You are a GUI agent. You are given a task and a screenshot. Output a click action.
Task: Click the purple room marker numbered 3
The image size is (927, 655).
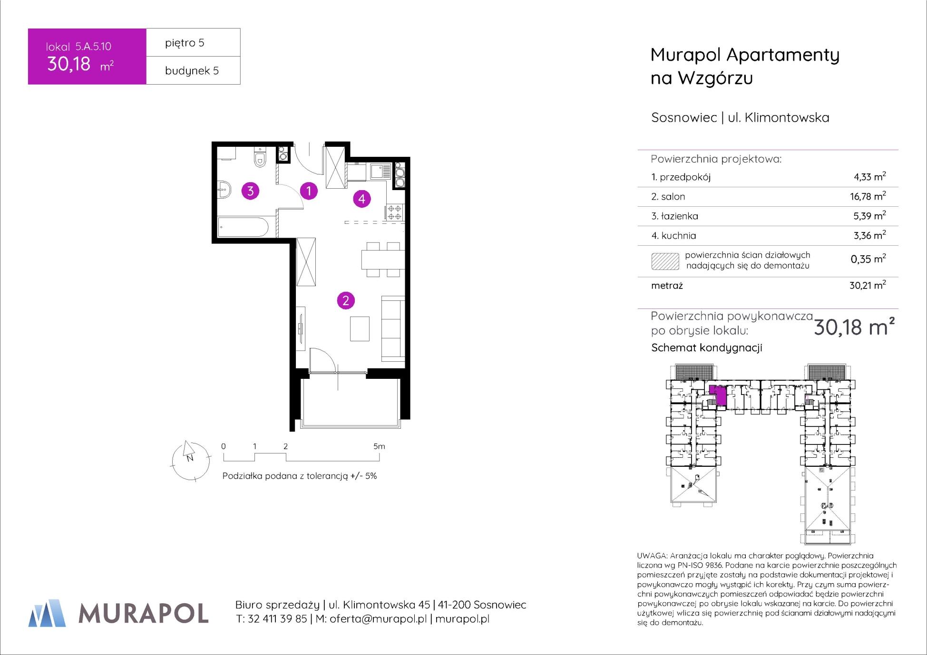click(x=250, y=191)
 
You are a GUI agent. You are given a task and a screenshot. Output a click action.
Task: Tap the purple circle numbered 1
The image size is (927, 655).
click(x=309, y=191)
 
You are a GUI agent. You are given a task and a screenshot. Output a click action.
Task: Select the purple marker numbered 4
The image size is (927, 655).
click(x=362, y=199)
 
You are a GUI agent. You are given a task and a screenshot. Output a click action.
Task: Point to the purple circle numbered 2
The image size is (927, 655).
click(x=346, y=300)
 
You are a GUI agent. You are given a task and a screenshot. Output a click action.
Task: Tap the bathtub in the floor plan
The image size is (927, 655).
click(x=243, y=227)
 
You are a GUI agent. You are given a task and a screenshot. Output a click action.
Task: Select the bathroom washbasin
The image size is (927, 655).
click(x=224, y=190)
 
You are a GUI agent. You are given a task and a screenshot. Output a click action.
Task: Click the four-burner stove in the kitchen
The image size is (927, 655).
click(x=395, y=212)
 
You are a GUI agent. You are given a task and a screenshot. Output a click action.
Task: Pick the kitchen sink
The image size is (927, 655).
click(x=381, y=171)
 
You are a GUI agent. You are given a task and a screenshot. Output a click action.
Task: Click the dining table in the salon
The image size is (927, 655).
click(x=383, y=260)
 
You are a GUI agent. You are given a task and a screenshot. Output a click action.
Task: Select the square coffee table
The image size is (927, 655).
click(x=360, y=329)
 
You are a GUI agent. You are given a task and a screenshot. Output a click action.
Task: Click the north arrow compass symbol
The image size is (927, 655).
click(x=190, y=461)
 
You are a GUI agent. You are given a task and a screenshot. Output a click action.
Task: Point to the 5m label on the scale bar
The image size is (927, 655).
click(x=379, y=446)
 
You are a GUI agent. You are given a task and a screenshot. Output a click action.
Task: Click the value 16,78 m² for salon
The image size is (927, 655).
click(x=868, y=196)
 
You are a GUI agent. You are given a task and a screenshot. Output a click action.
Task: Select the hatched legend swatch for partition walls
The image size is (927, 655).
click(x=665, y=261)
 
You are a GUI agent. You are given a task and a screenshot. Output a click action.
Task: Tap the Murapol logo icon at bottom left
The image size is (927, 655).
click(x=47, y=613)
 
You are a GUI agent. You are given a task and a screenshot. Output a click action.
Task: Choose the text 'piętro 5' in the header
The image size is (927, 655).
click(x=185, y=43)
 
